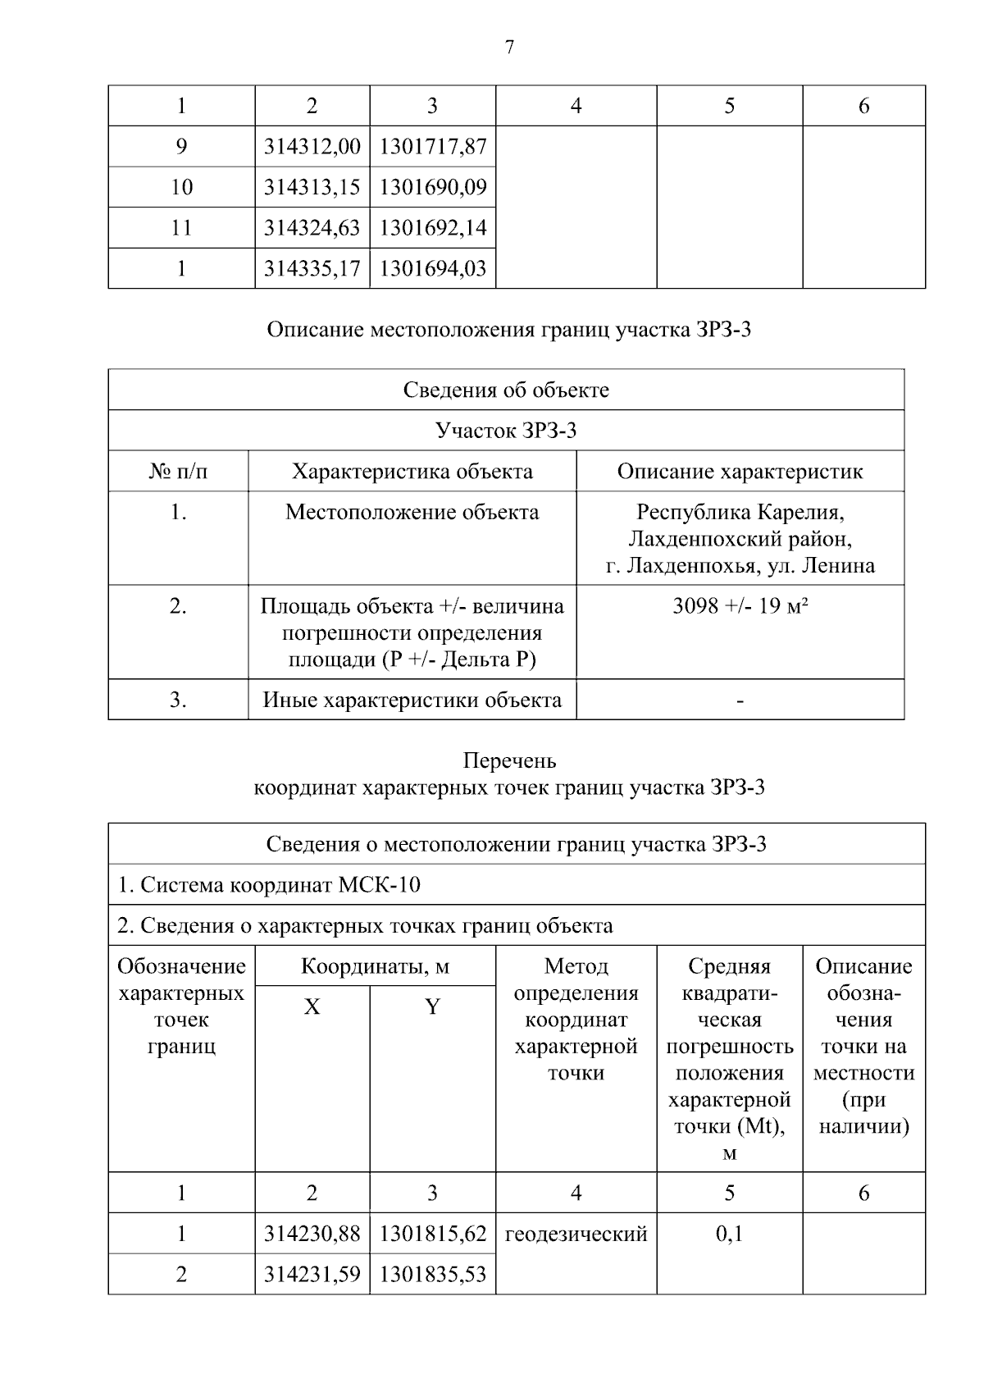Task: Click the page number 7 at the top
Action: point(509,48)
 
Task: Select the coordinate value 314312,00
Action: point(312,147)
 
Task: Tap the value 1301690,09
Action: point(433,187)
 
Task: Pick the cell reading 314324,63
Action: point(312,227)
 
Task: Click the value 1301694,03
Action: point(433,268)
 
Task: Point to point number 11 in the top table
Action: point(181,227)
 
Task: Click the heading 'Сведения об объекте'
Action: point(506,390)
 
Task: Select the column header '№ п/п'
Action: point(178,472)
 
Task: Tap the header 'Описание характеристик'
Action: point(740,472)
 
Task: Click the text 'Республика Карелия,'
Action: point(740,513)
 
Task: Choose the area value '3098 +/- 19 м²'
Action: point(740,607)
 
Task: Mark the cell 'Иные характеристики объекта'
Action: point(412,700)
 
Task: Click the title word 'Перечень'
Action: point(509,760)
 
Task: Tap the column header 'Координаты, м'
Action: point(375,966)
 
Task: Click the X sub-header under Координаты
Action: point(312,1007)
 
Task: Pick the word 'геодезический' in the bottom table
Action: point(576,1234)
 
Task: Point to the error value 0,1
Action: point(729,1234)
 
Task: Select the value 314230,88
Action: point(312,1234)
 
